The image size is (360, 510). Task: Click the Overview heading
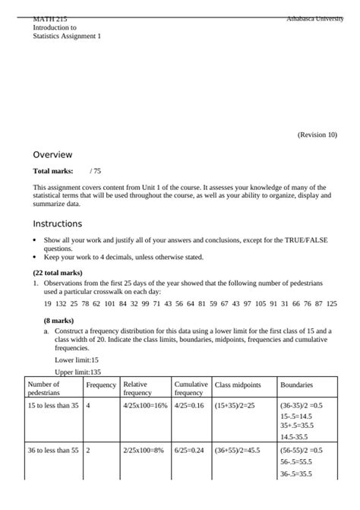pos(52,154)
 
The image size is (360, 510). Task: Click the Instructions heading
pos(58,224)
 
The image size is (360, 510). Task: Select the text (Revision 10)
pos(317,135)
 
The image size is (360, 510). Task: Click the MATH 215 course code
pos(50,17)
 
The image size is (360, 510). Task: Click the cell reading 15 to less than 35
pos(53,406)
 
